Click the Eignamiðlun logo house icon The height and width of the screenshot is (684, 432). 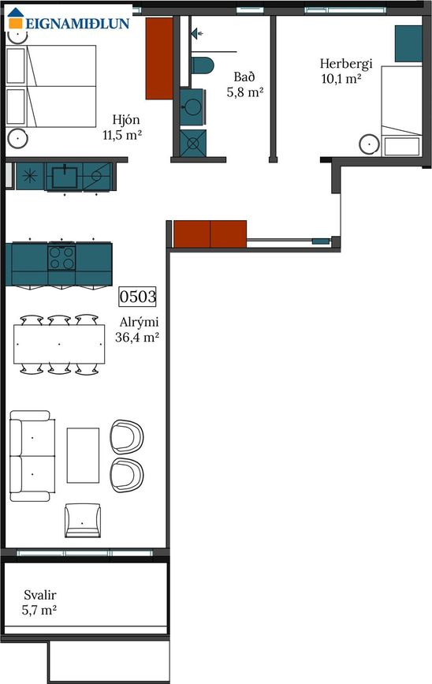click(x=15, y=18)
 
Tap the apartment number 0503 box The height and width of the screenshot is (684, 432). click(x=137, y=297)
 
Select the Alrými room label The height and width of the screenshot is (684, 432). click(x=139, y=323)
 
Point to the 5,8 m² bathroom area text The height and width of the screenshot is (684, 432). click(x=245, y=92)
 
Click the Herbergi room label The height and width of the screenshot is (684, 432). click(x=346, y=64)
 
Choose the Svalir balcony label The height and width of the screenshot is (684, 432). click(x=40, y=595)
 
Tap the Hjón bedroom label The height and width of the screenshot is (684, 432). click(x=126, y=120)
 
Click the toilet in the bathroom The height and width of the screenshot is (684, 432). click(x=203, y=65)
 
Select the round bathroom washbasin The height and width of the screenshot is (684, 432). click(x=192, y=107)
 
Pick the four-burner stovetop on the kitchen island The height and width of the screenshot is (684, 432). click(x=62, y=257)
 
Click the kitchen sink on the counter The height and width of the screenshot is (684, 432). click(x=64, y=177)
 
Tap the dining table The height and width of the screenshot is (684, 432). click(x=59, y=344)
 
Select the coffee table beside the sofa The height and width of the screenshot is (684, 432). click(x=83, y=455)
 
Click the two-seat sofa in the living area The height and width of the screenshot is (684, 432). click(x=32, y=456)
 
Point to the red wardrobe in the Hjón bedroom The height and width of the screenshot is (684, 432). click(x=159, y=58)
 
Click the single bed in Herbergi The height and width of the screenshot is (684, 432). click(x=401, y=110)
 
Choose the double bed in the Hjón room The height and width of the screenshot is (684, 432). click(x=51, y=86)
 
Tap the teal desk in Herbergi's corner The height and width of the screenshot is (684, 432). click(x=408, y=43)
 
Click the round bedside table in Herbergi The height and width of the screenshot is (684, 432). click(x=370, y=144)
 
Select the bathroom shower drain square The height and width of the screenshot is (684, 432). click(x=193, y=143)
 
